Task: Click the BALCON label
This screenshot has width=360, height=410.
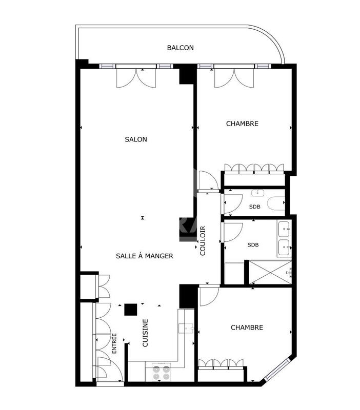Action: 180,48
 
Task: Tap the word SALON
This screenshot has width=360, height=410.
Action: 136,139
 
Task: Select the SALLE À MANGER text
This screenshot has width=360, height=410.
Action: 144,256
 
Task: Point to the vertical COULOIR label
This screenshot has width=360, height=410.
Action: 203,240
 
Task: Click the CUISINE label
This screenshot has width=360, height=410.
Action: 145,333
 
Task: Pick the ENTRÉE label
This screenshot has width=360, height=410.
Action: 114,343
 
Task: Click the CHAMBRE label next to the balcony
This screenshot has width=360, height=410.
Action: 242,124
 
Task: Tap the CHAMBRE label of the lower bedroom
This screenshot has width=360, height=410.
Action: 247,327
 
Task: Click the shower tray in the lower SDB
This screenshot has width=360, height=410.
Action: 269,272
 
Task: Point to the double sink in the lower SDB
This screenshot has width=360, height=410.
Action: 284,238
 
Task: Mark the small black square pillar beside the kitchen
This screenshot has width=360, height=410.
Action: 130,310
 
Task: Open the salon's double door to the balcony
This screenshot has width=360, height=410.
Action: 136,77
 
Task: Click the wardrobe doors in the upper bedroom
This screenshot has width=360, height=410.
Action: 254,168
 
